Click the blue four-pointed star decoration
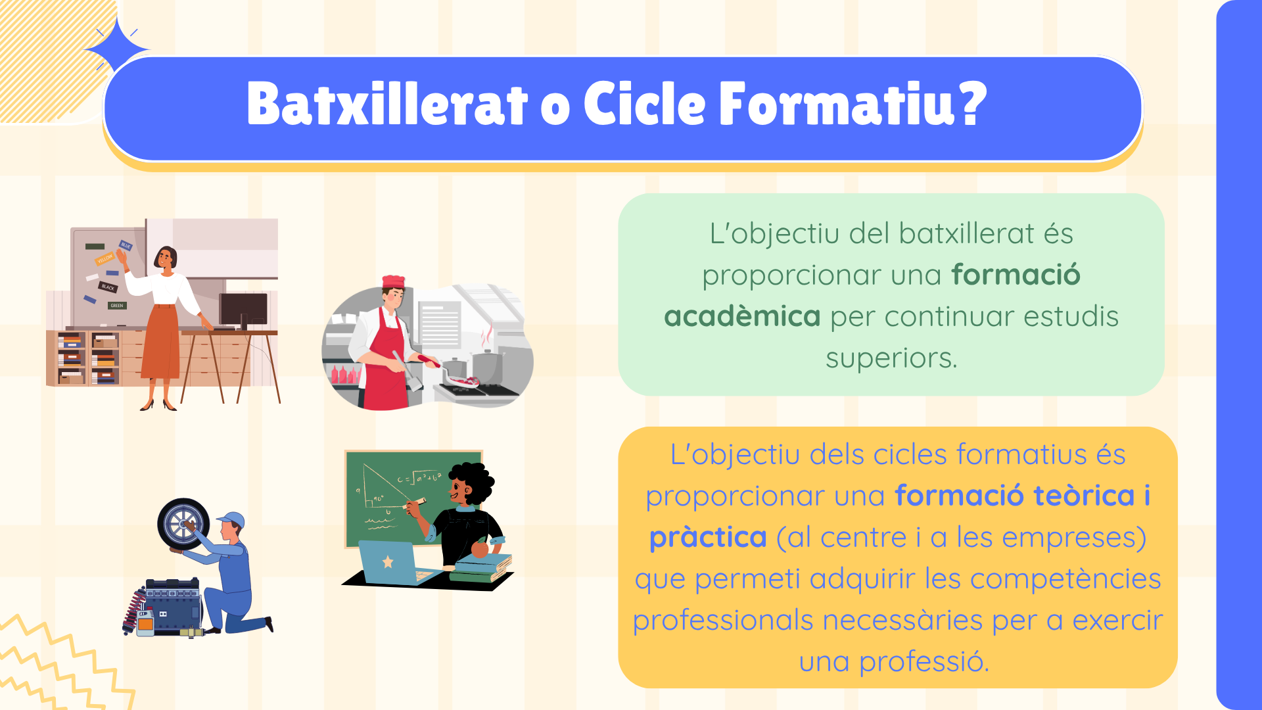[x=116, y=48]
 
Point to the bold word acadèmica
[x=742, y=317]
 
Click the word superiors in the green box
[x=891, y=359]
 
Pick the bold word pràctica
[x=708, y=538]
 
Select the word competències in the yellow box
[x=1065, y=580]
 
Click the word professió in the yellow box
[x=923, y=662]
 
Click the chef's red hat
[x=394, y=282]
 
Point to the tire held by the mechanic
[x=183, y=524]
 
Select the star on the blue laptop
[x=388, y=562]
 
